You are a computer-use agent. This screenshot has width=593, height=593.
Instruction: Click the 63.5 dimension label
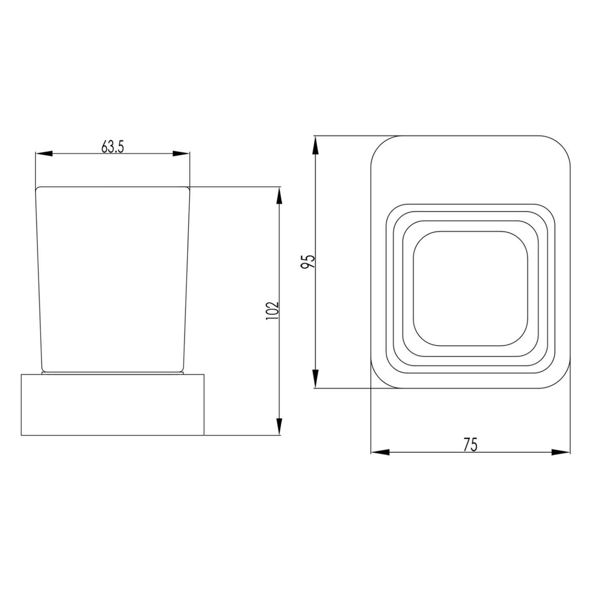point(113,147)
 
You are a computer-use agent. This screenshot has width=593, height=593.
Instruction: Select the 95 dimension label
point(308,262)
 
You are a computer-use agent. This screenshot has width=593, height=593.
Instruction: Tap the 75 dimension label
point(470,445)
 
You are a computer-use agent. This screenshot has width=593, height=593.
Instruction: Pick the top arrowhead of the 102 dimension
point(280,195)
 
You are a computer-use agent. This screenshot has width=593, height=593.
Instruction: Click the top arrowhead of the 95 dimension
point(315,145)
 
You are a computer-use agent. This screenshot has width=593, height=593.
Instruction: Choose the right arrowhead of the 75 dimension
point(561,453)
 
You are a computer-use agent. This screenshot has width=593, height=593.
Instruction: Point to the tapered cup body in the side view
point(113,277)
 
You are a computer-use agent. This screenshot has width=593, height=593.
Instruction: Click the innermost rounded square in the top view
point(470,289)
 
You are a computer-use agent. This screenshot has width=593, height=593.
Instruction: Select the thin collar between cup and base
point(113,373)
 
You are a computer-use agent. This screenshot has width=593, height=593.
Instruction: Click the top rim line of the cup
point(113,187)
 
